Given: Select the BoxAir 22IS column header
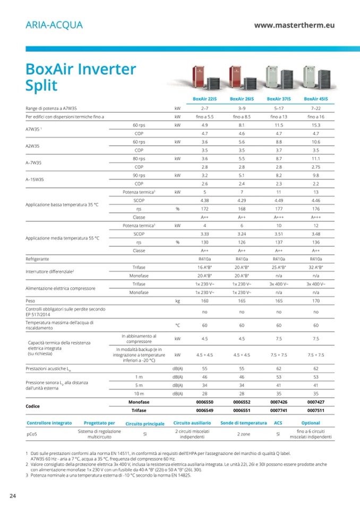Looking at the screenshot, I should pos(204,99).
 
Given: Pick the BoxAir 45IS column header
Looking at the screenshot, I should pos(315,99).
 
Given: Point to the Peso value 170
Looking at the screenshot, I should pos(315,300).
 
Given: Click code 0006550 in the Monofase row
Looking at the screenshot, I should pos(204,402).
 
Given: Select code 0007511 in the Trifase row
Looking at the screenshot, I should pos(315,410).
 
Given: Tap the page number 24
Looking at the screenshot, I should pos(13,496).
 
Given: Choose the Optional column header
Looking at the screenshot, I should pos(311,423).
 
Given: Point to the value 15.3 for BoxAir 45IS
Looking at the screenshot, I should pos(315,125).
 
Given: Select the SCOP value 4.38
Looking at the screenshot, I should pos(204,200).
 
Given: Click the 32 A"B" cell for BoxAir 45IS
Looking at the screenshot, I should pos(315,267).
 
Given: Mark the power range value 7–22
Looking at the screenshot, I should pos(315,108).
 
